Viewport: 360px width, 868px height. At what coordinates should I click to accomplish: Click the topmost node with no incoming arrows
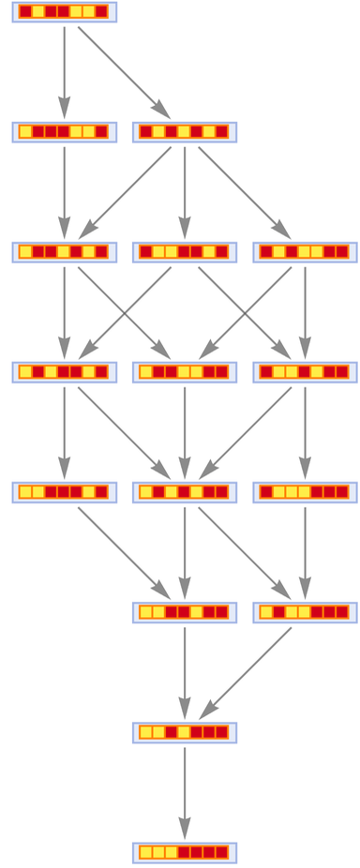coord(64,12)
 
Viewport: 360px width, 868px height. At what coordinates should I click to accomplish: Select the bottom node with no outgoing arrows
coord(185,852)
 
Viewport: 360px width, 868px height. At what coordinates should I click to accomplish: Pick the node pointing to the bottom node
coord(185,732)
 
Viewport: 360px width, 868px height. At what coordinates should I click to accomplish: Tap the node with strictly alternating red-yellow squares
coord(185,132)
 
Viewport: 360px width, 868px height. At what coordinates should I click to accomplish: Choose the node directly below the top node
coord(64,132)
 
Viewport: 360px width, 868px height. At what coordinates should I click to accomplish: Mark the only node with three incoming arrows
coord(185,492)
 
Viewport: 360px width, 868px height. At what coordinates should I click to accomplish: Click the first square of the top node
coord(25,12)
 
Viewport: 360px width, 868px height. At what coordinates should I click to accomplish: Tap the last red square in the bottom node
coord(221,852)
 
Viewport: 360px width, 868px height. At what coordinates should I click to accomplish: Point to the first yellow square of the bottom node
coord(146,852)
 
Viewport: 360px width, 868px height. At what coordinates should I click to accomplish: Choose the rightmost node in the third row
coord(305,252)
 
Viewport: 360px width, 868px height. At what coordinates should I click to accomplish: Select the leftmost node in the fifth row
coord(64,492)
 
